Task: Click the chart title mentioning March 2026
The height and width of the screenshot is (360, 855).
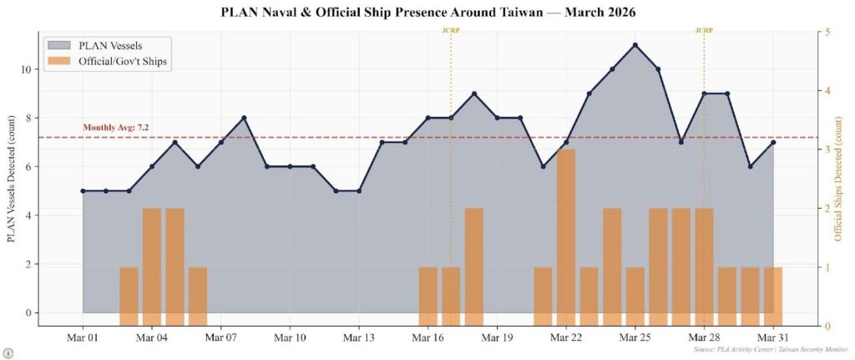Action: click(x=427, y=13)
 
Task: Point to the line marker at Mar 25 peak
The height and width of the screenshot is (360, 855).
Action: click(x=635, y=45)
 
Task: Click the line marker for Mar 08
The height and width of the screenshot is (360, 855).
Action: click(x=244, y=118)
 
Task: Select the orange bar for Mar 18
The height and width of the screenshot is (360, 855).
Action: click(x=474, y=266)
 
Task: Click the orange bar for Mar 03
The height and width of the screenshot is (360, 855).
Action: click(x=129, y=297)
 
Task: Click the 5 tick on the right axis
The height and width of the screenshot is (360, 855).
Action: click(x=827, y=32)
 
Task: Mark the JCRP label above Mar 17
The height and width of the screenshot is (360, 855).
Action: click(x=451, y=30)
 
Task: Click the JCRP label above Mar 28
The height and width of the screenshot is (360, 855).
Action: click(x=704, y=30)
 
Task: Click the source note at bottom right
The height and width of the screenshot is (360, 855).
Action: click(x=771, y=351)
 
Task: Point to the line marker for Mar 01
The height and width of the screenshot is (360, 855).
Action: click(x=83, y=190)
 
